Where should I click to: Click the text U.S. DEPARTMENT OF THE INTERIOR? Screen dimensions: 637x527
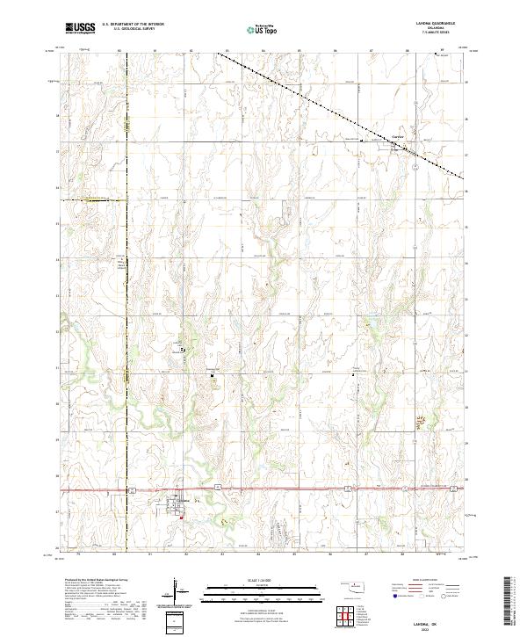[x=133, y=25]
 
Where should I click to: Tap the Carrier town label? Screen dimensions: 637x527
[x=397, y=138]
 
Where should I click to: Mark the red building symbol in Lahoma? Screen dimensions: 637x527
[x=181, y=517]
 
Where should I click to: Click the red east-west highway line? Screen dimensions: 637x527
[x=263, y=489]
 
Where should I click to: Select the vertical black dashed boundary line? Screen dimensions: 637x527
[x=126, y=308]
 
